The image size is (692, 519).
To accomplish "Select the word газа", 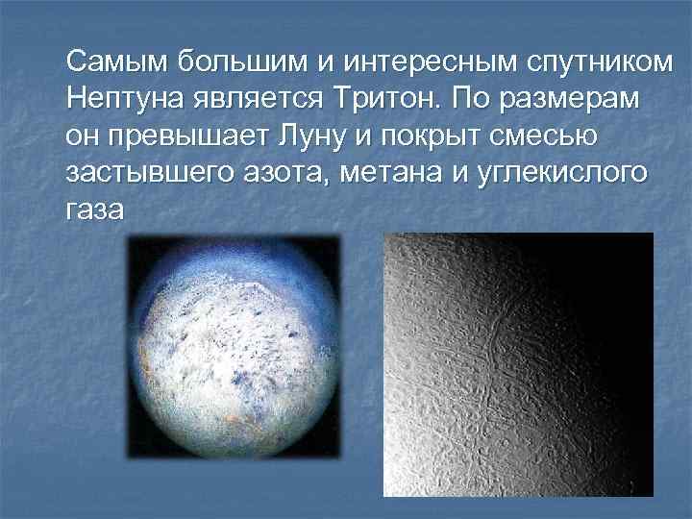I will [x=95, y=210].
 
